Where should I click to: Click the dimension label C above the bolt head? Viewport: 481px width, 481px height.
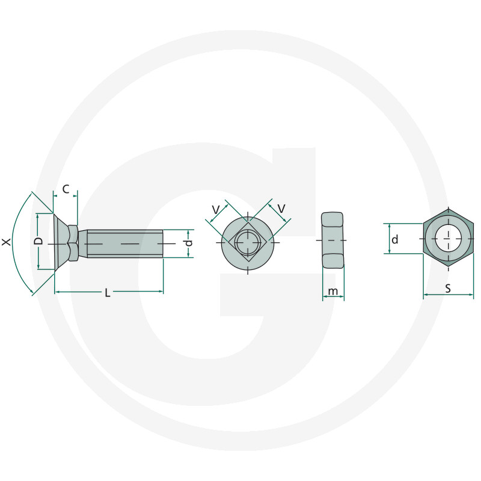66,189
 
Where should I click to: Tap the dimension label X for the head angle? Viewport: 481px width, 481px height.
6,242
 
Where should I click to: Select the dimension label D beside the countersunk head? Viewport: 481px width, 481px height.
39,241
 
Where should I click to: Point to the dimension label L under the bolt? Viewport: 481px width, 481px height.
108,293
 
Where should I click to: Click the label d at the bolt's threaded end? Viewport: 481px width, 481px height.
189,243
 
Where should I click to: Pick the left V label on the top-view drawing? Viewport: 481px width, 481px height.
216,210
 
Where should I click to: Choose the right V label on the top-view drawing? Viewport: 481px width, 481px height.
281,209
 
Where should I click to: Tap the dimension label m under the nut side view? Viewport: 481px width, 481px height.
333,291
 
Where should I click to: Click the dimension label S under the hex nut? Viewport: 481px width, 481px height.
448,289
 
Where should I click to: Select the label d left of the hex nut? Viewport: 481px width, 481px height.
395,239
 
